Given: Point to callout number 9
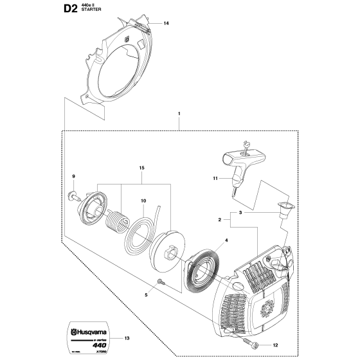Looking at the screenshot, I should (x=73, y=177).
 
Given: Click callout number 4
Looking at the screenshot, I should (x=208, y=242).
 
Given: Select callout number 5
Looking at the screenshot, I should (x=146, y=295).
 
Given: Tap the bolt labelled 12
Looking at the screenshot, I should (x=247, y=325).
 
